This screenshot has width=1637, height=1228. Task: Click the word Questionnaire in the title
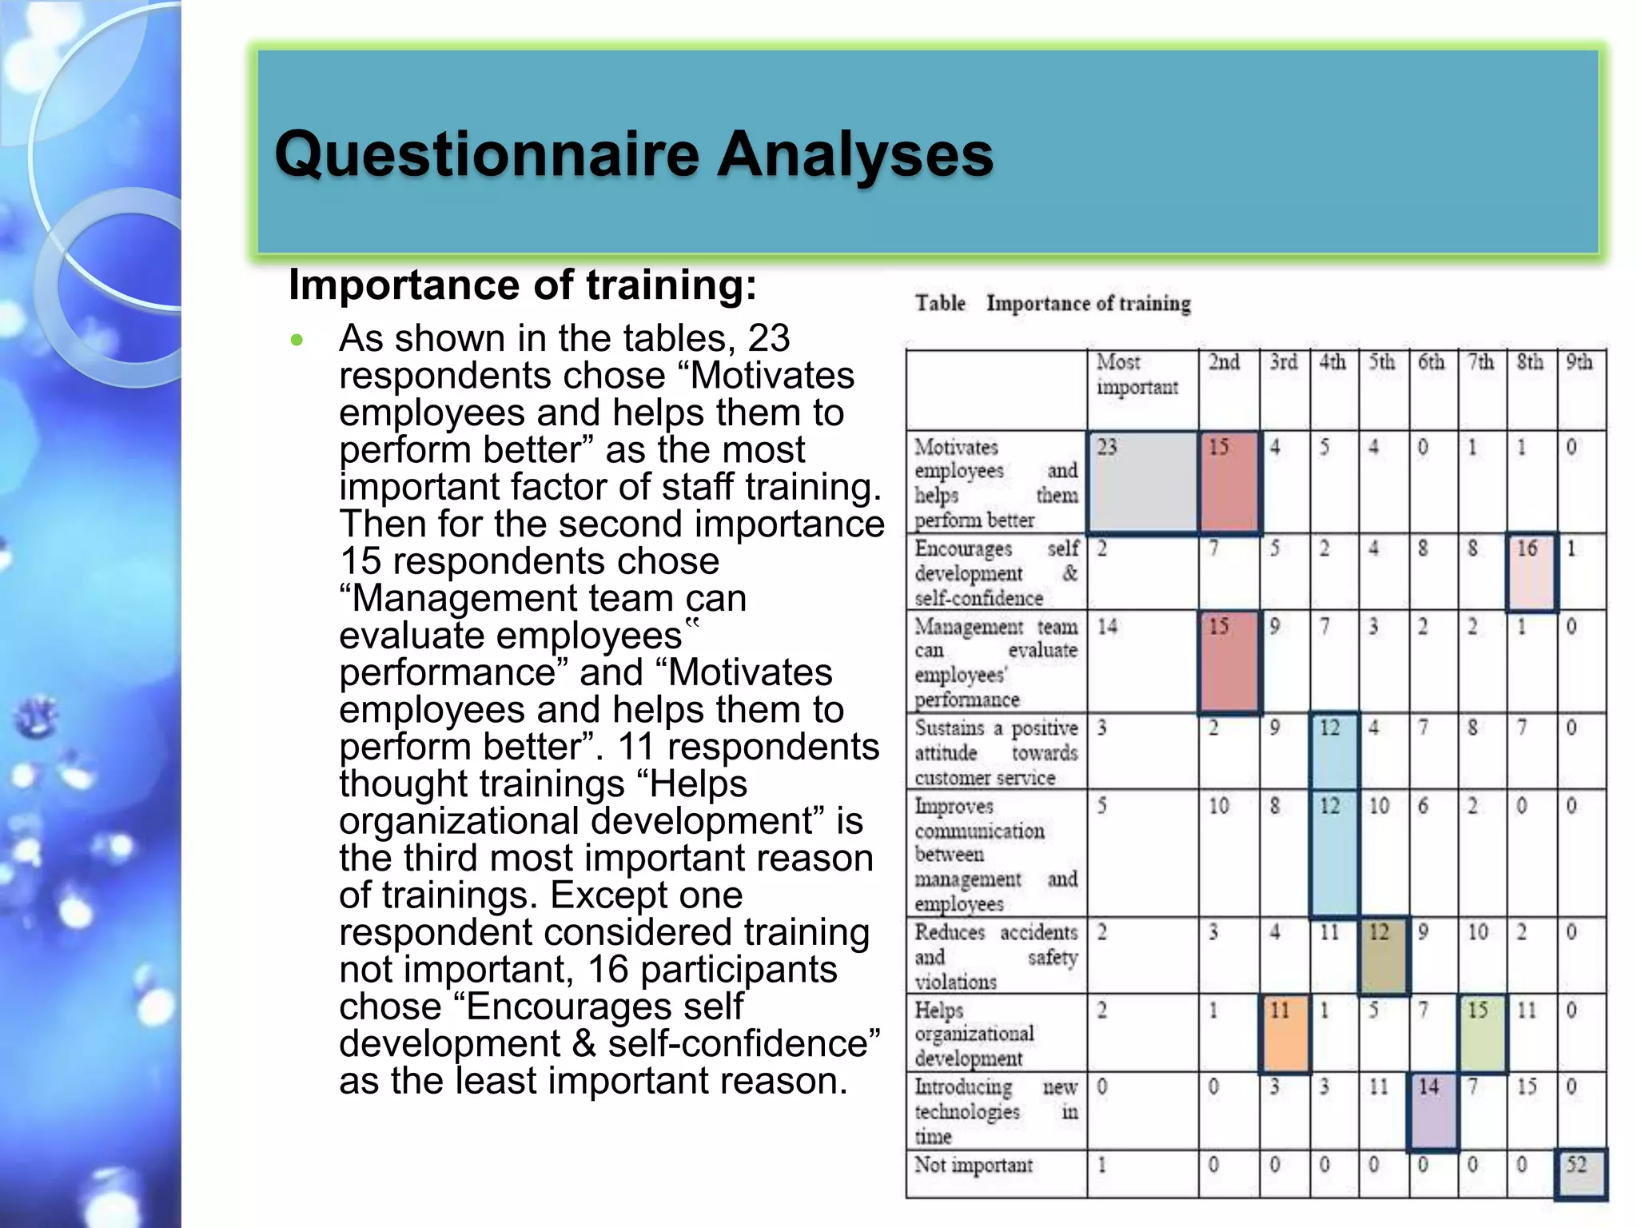tap(487, 153)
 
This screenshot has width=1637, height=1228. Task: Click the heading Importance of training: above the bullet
tap(522, 285)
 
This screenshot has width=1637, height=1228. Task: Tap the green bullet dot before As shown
tap(297, 341)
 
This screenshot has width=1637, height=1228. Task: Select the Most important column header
tap(1137, 375)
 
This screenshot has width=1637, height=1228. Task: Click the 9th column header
tap(1579, 363)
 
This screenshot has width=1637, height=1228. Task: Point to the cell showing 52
tap(1580, 1173)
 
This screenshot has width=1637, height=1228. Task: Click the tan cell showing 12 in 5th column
tap(1384, 955)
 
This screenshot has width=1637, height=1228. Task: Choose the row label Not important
tap(974, 1166)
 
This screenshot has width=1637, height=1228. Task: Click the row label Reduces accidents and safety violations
tap(995, 956)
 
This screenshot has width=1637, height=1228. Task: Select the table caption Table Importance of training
tap(1053, 304)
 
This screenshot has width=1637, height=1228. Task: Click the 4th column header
tap(1332, 363)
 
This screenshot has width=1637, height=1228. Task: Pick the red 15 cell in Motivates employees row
tap(1229, 482)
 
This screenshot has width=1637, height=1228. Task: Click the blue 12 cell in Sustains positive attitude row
tap(1333, 751)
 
